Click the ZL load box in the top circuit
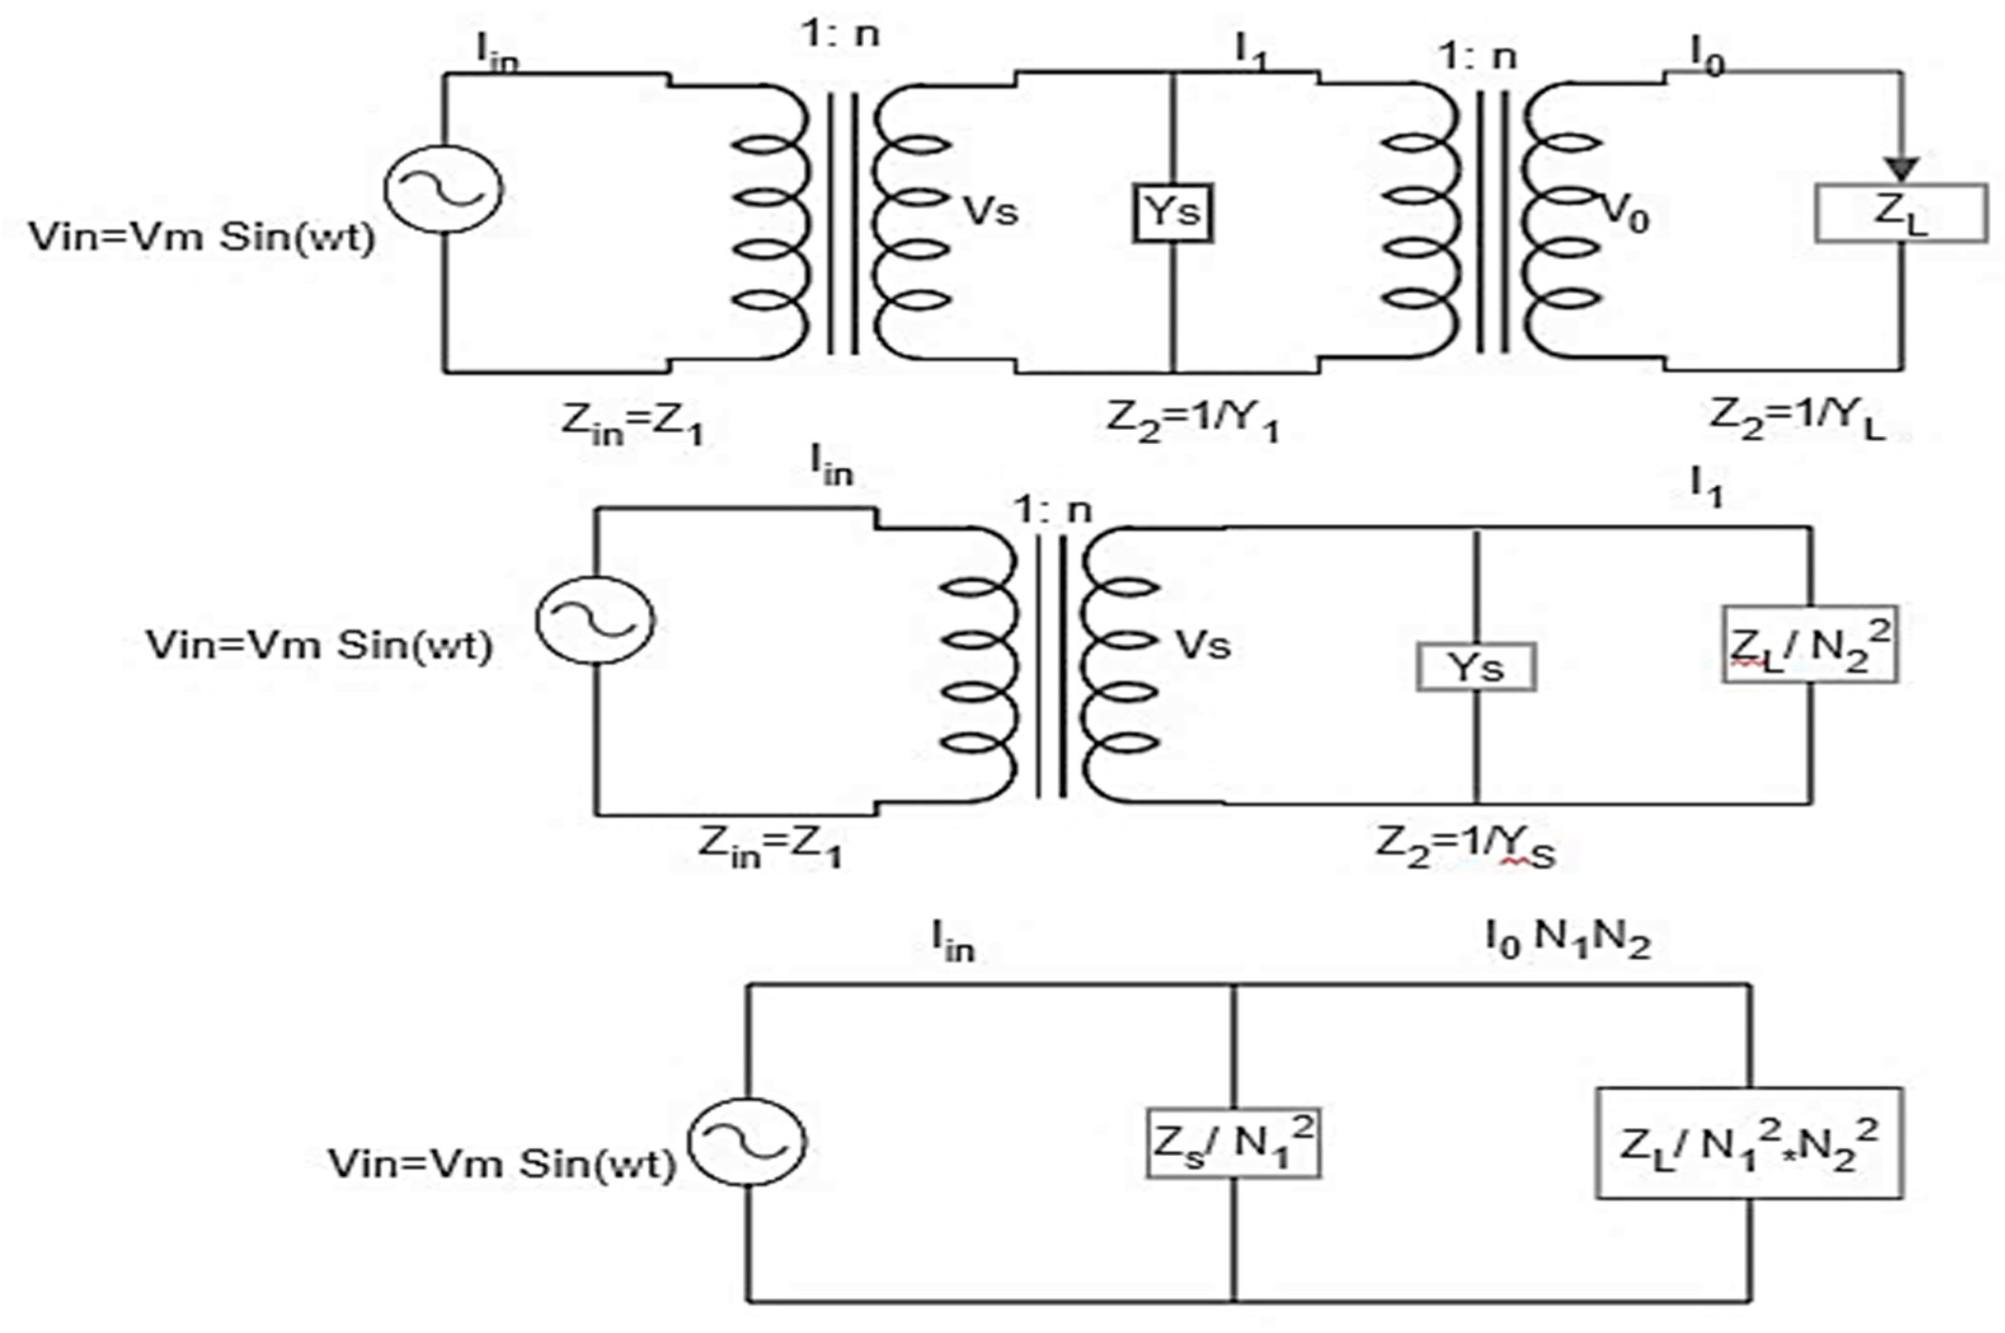click(1900, 213)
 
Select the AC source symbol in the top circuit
click(443, 189)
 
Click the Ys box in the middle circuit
click(1475, 667)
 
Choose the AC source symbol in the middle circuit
click(595, 619)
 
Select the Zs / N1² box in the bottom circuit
click(1233, 1142)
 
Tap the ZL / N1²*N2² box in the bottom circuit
click(1748, 1143)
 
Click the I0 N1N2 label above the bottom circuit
click(1567, 939)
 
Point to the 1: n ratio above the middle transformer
click(1052, 510)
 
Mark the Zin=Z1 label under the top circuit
click(633, 422)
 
